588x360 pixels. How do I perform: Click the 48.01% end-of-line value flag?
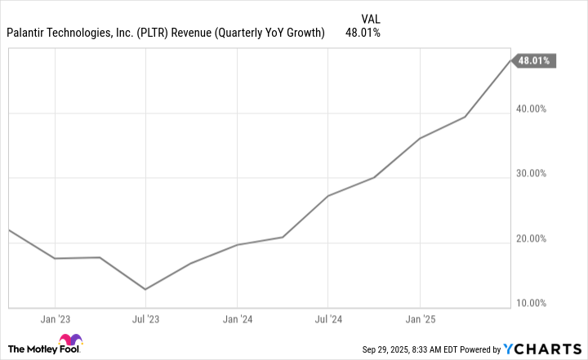point(535,60)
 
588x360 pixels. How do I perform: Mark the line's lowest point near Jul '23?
point(145,289)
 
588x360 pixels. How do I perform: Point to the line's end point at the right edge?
point(510,60)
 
